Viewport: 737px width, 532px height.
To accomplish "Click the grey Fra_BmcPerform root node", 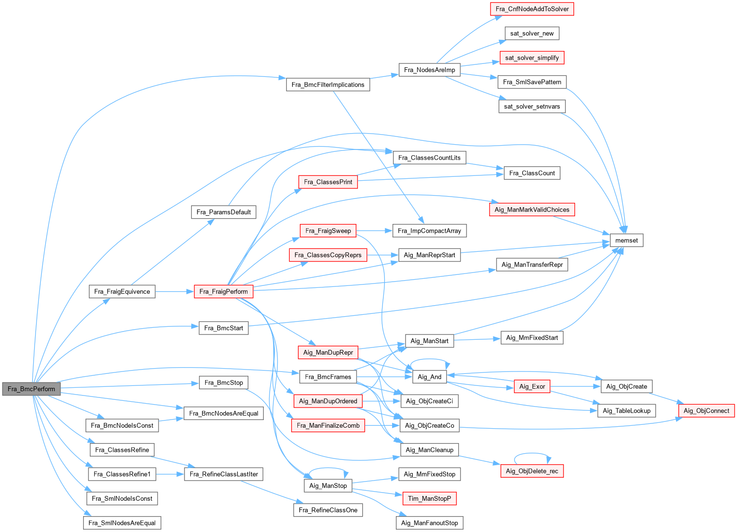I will (31, 389).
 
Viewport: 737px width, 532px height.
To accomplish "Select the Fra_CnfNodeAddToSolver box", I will (532, 9).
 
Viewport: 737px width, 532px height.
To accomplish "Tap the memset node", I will (626, 240).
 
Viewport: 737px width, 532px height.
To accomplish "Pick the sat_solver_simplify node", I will (532, 58).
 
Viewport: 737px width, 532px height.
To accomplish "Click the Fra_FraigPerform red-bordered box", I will (223, 291).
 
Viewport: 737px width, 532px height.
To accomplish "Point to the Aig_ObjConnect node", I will (706, 410).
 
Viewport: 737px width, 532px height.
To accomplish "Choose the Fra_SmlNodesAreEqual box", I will (122, 523).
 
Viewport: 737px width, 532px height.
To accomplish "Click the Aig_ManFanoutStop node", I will (430, 523).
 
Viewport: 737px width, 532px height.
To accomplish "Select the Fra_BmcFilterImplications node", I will (328, 85).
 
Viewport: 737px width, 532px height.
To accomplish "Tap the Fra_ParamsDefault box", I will (223, 212).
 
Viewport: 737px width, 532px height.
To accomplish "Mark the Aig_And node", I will (430, 377).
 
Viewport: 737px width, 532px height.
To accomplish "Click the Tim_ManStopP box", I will (430, 498).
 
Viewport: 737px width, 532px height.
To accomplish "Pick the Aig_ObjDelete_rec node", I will (532, 471).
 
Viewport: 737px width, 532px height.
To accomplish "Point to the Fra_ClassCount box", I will (532, 173).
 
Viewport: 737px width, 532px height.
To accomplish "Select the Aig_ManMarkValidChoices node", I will (532, 210).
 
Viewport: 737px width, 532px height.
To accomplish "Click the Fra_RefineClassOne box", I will (328, 510).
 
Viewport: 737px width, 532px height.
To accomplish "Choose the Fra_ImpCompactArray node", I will (430, 231).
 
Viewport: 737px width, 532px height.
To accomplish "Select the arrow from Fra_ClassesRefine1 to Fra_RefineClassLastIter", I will (170, 474).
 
